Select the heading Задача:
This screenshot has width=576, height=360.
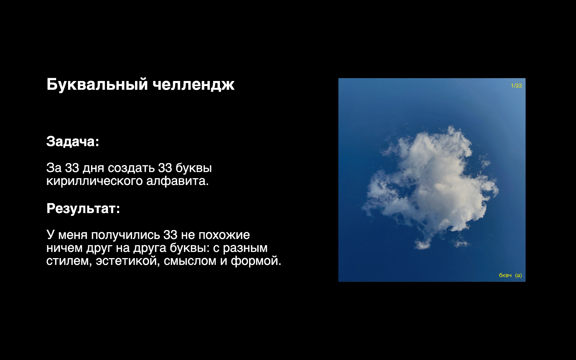[72, 141]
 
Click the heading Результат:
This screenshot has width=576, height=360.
[83, 208]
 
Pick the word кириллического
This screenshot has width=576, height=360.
[95, 181]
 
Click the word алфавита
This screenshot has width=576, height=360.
[177, 181]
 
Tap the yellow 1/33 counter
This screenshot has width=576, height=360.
[516, 86]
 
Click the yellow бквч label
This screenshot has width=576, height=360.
[505, 275]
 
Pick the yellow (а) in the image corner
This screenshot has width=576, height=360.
[518, 275]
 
